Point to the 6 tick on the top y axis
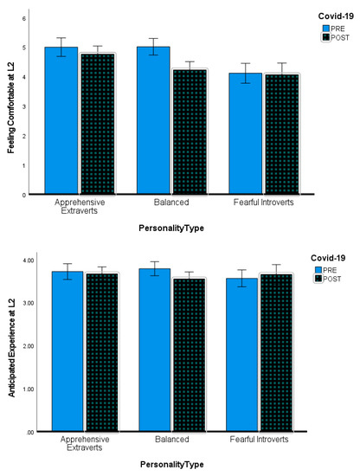pyautogui.click(x=24, y=18)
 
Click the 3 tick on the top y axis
pyautogui.click(x=24, y=106)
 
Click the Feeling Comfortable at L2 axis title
pyautogui.click(x=10, y=106)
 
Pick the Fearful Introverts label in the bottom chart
pyautogui.click(x=265, y=440)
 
